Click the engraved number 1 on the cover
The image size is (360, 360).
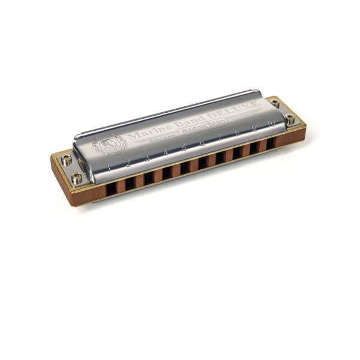pos(109,168)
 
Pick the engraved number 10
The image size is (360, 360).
pos(272,124)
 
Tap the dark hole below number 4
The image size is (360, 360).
pos(167,172)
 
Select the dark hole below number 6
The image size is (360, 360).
pos(203,162)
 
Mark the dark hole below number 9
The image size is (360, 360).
pos(255,148)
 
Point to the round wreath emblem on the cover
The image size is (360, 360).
pos(109,146)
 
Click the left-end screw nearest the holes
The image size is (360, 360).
pos(77,178)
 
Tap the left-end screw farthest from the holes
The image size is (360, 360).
pos(66,160)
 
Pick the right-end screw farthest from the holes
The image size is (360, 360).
pos(274,103)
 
